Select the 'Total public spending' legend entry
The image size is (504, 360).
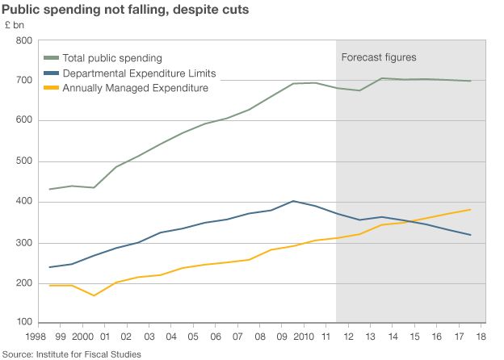[112, 58]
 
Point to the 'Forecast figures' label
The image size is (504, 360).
[379, 58]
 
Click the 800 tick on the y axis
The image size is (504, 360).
[23, 40]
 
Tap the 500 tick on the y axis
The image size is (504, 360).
[23, 161]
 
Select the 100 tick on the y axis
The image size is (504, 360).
[23, 324]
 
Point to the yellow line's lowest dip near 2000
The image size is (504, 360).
[94, 295]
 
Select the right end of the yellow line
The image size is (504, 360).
[471, 210]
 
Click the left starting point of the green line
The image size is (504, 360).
[50, 189]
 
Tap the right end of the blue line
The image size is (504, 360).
[471, 235]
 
